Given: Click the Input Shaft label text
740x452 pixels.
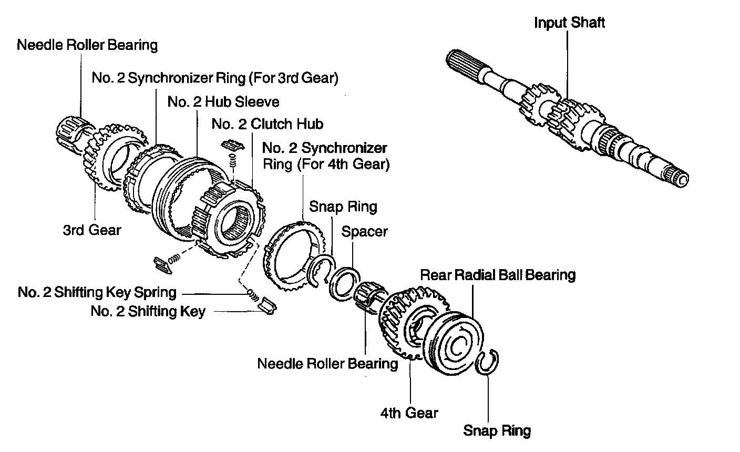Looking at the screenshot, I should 569,23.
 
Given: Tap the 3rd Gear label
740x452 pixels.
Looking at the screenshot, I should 92,230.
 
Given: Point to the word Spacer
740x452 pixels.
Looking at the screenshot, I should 364,232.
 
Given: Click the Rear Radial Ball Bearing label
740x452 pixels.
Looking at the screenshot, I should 498,275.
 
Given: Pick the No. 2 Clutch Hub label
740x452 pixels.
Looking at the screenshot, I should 267,124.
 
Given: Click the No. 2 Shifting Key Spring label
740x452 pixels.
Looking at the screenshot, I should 97,292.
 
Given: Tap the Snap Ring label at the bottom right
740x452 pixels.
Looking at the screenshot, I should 497,431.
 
